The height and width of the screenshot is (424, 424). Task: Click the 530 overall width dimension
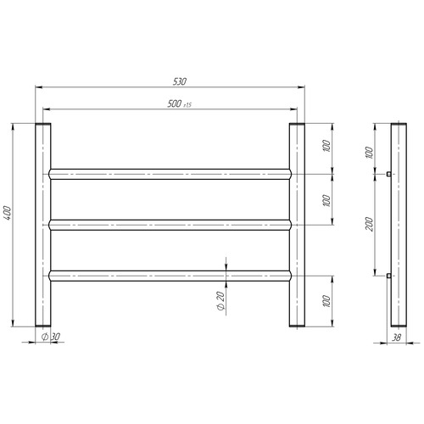(180, 81)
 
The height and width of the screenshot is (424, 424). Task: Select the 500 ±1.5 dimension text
(179, 104)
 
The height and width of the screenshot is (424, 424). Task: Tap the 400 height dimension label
(8, 213)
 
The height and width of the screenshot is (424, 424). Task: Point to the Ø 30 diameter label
(51, 337)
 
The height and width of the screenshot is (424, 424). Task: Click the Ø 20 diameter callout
(220, 301)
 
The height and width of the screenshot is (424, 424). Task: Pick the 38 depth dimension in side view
(397, 338)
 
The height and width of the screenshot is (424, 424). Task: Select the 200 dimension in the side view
(369, 224)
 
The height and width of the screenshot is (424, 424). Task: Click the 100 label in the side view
(369, 153)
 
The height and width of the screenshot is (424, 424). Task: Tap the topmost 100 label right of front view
(326, 146)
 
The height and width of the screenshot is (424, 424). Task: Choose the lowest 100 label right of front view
(326, 301)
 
